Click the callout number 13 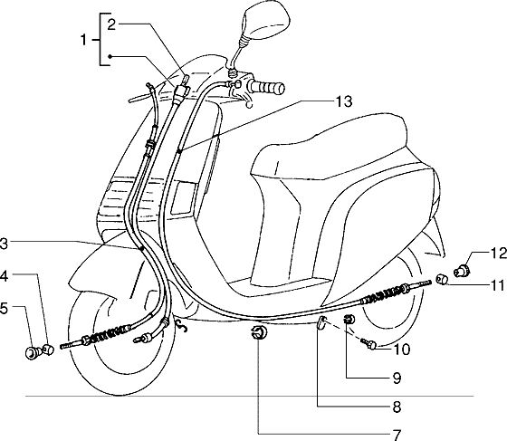(x=343, y=101)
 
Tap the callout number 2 (x=111, y=24)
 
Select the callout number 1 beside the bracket (x=83, y=40)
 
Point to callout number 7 (x=397, y=435)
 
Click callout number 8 (x=397, y=407)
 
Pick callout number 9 (x=397, y=378)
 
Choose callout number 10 (x=402, y=350)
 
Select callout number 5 (x=4, y=308)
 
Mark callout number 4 (x=4, y=276)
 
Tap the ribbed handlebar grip (x=266, y=88)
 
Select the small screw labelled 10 (x=368, y=344)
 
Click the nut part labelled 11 (x=442, y=279)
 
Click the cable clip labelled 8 (x=320, y=322)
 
